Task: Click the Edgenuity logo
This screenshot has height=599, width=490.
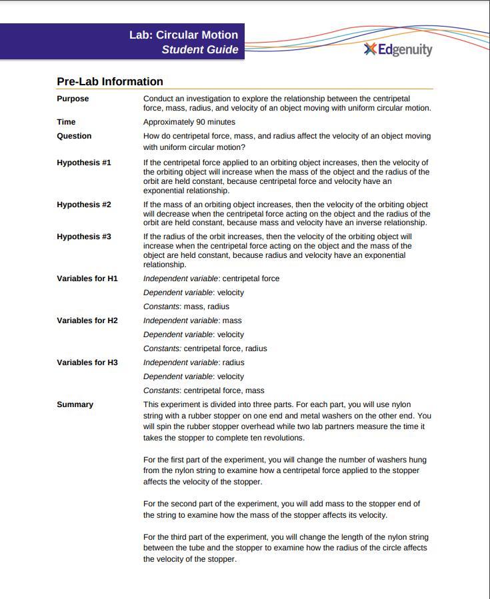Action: (398, 49)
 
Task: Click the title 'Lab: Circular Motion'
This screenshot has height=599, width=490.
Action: (183, 35)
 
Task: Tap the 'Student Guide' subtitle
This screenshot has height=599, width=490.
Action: (199, 49)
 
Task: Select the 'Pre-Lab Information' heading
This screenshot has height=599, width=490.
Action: (110, 81)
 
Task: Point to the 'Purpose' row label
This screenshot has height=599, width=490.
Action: (73, 99)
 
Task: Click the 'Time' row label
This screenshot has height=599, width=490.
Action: (66, 122)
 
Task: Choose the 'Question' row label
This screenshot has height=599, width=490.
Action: (74, 136)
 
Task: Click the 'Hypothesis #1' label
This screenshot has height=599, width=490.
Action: (84, 163)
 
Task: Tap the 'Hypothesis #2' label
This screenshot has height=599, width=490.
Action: (84, 205)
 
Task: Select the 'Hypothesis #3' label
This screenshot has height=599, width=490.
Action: (84, 237)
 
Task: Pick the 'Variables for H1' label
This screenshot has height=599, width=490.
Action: (87, 279)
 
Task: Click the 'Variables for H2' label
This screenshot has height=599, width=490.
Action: (87, 320)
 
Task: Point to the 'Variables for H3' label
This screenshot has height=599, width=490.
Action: (87, 362)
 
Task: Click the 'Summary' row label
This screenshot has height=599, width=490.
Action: (75, 404)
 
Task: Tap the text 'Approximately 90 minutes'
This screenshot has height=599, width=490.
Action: (189, 122)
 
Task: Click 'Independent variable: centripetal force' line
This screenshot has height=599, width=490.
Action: (211, 279)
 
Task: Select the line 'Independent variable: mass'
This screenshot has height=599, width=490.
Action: (193, 320)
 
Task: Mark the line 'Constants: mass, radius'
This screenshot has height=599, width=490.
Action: (186, 306)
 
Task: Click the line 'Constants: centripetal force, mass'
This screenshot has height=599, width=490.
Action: (204, 390)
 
